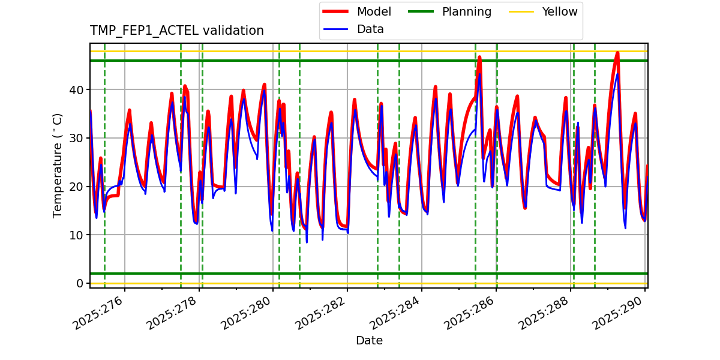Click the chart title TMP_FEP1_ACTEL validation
click(x=176, y=31)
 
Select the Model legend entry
click(x=374, y=11)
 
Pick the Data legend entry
click(x=370, y=29)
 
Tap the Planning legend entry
click(x=466, y=11)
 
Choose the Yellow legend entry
click(x=559, y=11)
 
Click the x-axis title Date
click(x=369, y=341)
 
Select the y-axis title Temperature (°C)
click(x=58, y=165)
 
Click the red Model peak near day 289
click(x=617, y=53)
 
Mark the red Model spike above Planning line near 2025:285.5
click(x=479, y=57)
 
